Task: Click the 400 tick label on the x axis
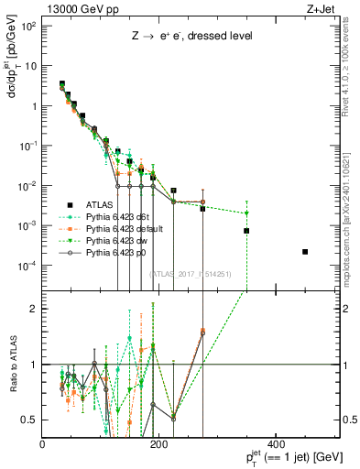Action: point(275,445)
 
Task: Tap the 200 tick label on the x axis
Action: point(158,445)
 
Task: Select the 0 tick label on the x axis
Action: point(43,445)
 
